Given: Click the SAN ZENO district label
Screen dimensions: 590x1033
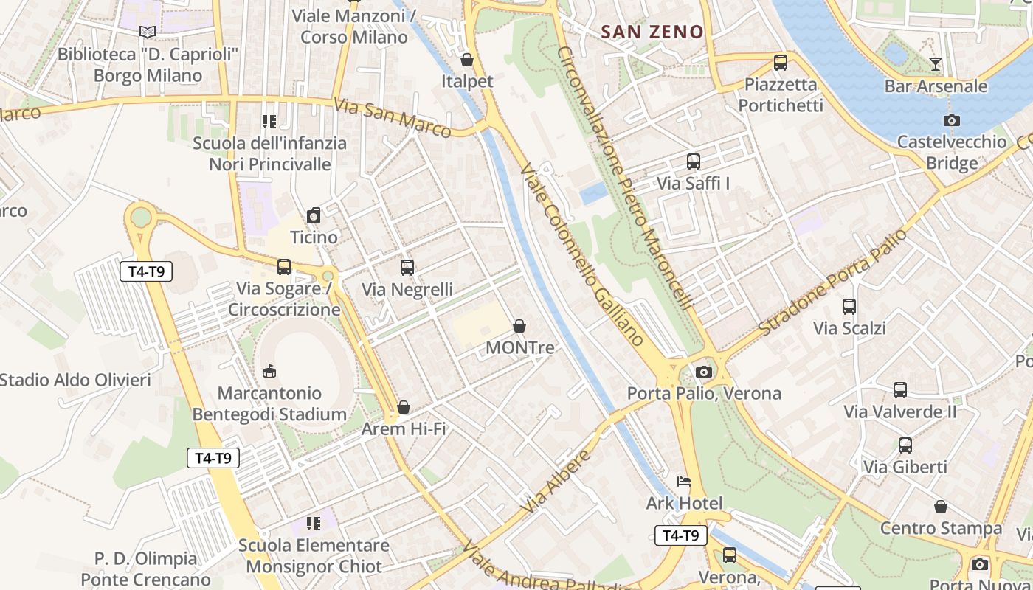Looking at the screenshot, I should click(652, 32).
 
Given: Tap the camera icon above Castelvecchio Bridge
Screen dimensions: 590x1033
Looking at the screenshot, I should click(952, 120).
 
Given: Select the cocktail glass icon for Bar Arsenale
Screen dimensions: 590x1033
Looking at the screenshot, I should click(936, 64).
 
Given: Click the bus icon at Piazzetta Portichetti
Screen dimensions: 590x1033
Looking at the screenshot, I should click(780, 63).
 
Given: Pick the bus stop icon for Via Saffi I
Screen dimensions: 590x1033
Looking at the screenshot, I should click(693, 161).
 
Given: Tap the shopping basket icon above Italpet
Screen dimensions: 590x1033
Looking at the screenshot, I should click(466, 59).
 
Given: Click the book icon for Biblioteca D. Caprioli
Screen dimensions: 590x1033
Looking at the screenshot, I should click(148, 32).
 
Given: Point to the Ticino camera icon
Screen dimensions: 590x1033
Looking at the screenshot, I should click(314, 215).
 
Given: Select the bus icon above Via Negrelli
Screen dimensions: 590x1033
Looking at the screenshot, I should click(407, 268).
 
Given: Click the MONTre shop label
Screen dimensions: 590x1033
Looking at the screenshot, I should click(519, 347).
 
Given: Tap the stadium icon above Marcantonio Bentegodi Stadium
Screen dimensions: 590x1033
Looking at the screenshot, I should click(269, 371).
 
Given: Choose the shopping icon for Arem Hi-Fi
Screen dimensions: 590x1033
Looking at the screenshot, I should click(404, 407).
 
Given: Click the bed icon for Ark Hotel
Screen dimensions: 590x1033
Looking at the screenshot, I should click(684, 482).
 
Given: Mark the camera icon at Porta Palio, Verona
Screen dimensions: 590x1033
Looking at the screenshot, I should click(704, 372).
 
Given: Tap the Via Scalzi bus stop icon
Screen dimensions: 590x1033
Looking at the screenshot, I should click(849, 306).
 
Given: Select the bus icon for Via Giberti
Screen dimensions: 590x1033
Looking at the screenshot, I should click(905, 445).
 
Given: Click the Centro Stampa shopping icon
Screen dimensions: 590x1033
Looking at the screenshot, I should click(940, 507).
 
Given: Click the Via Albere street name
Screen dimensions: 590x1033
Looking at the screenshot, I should click(557, 482).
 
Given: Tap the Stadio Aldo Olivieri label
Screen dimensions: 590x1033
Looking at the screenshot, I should click(75, 381).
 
